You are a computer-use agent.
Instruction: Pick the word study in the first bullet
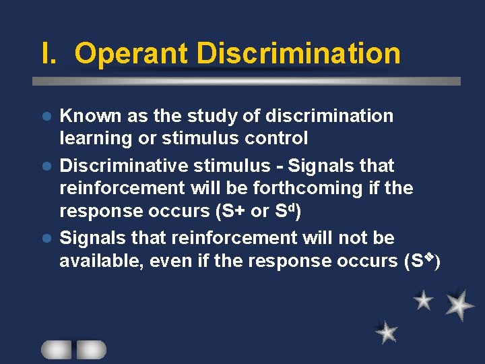point(211,116)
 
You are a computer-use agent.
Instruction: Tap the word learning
point(92,139)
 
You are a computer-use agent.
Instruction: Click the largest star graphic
point(459,305)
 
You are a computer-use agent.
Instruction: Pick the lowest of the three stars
point(387,332)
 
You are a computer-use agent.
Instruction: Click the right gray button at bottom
point(91,349)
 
